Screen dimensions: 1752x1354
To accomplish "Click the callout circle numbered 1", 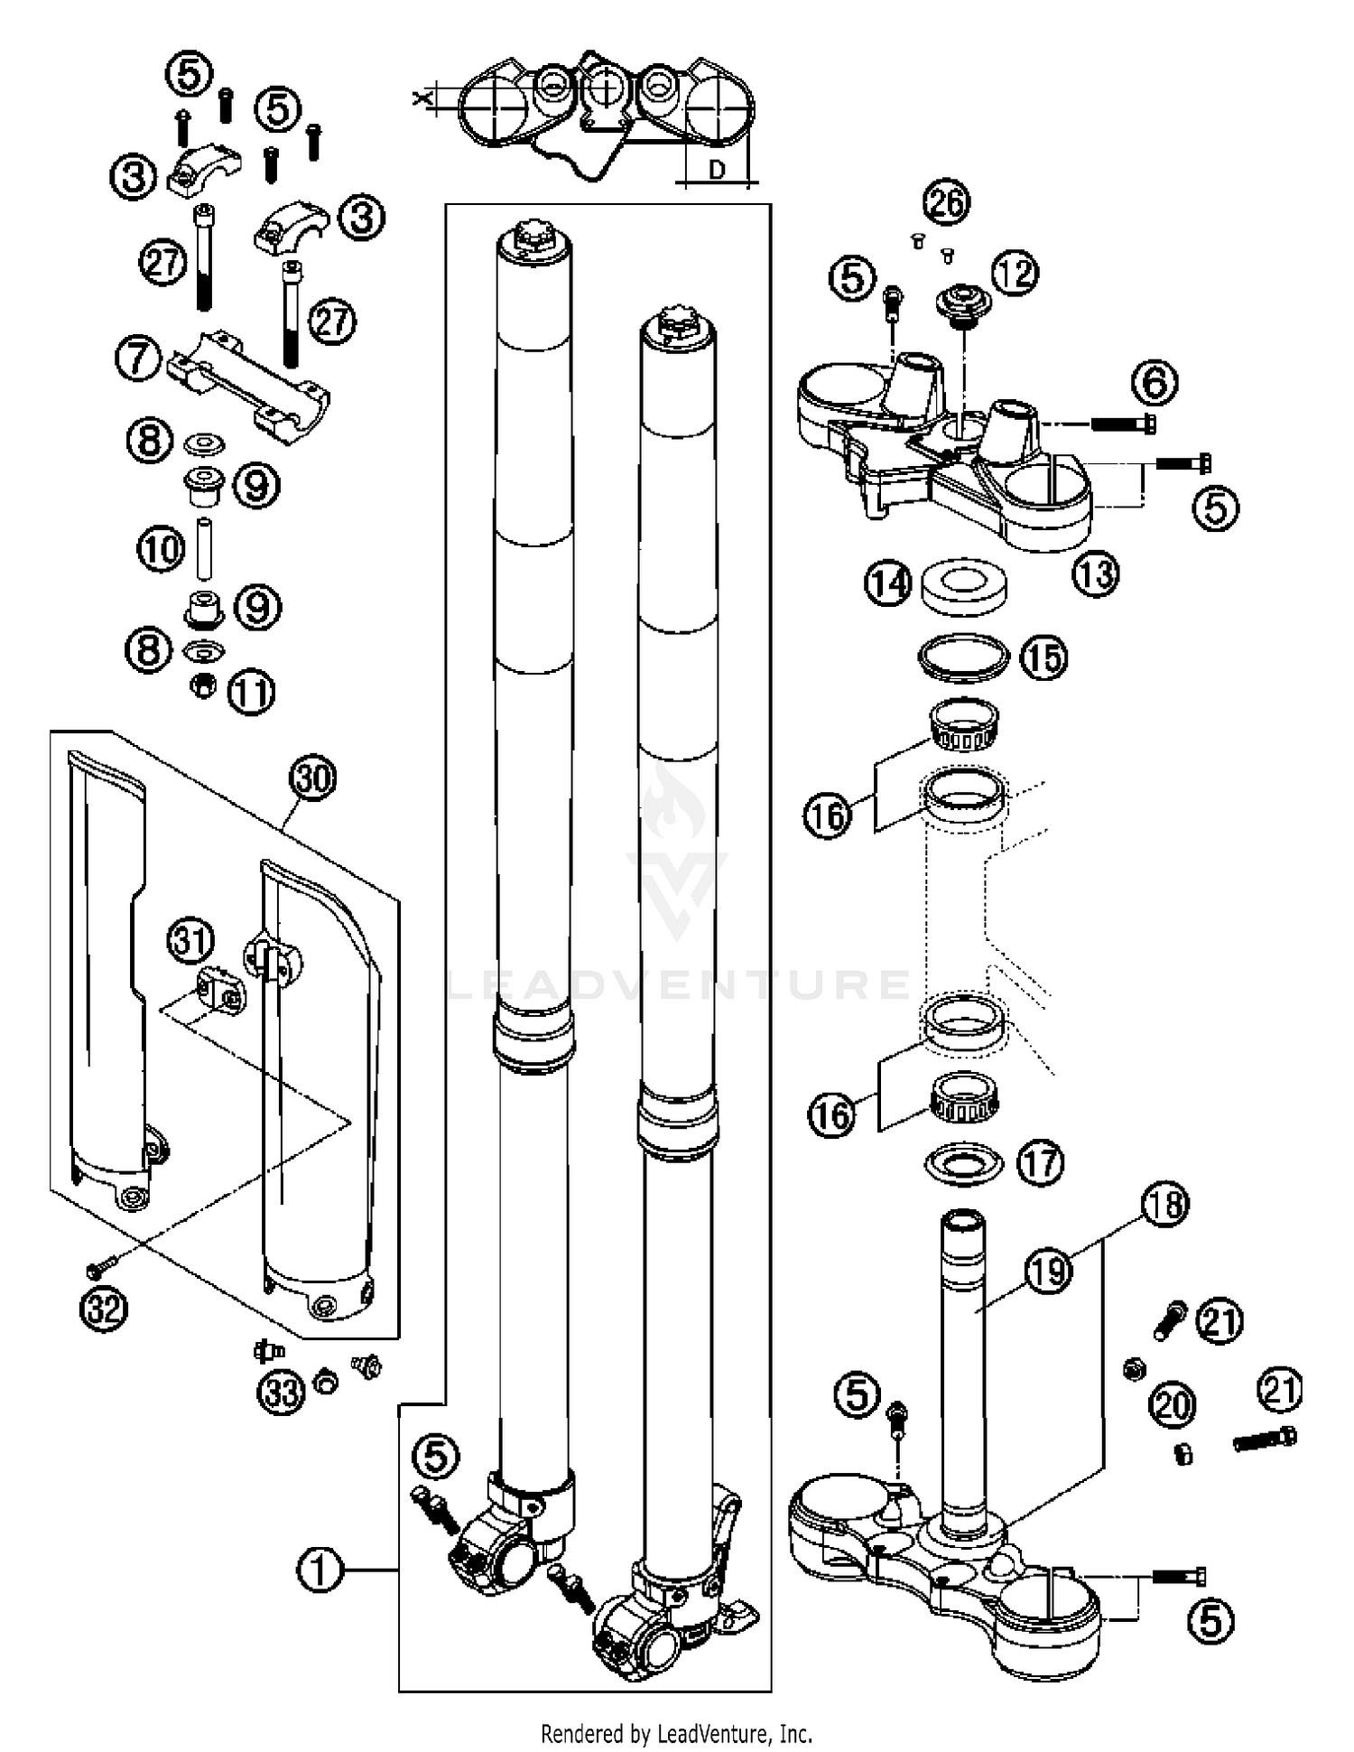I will click(320, 1570).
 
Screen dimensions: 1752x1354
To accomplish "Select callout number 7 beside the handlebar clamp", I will click(138, 359).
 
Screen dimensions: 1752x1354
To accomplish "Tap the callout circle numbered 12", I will click(1015, 272).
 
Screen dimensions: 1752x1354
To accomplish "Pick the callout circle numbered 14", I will click(888, 583).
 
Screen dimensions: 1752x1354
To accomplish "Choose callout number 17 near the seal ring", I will click(1041, 1162).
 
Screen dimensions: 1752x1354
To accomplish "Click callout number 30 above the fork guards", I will click(312, 778).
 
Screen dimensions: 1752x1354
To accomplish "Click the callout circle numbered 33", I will click(282, 1392).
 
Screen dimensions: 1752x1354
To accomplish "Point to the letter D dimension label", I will click(717, 170).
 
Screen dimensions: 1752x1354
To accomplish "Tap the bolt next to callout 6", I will click(1124, 422).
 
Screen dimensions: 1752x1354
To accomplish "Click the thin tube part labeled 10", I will click(203, 547).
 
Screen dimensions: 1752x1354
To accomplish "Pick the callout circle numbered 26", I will click(946, 201).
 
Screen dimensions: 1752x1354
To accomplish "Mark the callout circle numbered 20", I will click(1173, 1405).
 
